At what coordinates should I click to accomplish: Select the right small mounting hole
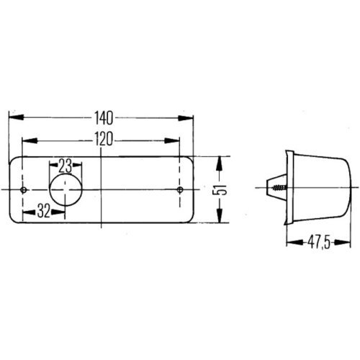pyautogui.click(x=180, y=190)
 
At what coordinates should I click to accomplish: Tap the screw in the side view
pyautogui.click(x=278, y=189)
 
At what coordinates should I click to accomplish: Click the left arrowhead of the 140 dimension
pyautogui.click(x=13, y=115)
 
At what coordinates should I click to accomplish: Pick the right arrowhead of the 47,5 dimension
pyautogui.click(x=349, y=242)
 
